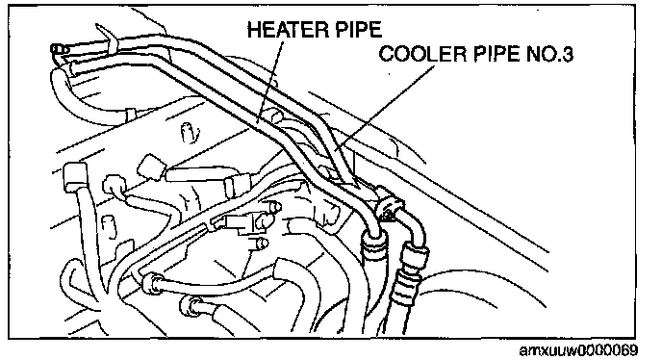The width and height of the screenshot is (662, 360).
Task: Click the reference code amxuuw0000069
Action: pos(578,350)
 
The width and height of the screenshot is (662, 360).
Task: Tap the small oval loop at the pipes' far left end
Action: pos(60,50)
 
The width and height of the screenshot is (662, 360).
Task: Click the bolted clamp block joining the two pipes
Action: pos(388,202)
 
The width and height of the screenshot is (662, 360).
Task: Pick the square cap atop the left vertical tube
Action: pos(75,176)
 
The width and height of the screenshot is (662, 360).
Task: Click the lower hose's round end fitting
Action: pos(190,305)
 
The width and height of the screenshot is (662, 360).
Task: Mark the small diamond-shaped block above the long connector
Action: pos(151,167)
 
